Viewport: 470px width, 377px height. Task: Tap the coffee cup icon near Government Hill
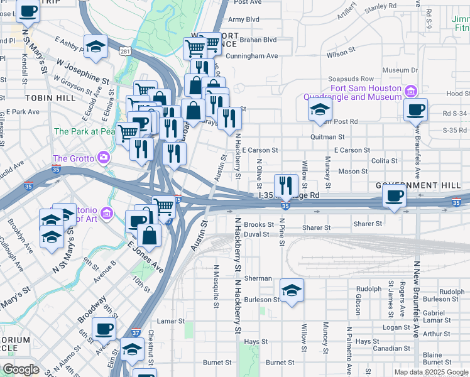[394, 196]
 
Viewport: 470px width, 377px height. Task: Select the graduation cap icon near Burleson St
[292, 290]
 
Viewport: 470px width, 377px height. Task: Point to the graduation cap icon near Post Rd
[320, 110]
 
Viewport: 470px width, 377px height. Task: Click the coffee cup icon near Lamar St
[104, 328]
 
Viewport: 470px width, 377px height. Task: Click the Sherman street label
[258, 278]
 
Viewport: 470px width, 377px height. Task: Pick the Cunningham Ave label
[251, 55]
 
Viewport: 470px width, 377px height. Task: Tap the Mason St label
[352, 171]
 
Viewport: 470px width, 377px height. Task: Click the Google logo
[21, 369]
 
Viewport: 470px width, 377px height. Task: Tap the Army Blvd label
[244, 19]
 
